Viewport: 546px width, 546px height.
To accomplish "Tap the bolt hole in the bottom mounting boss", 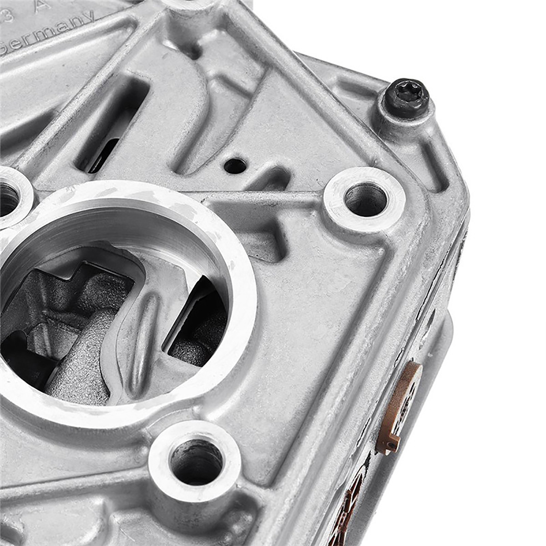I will (196, 462).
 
